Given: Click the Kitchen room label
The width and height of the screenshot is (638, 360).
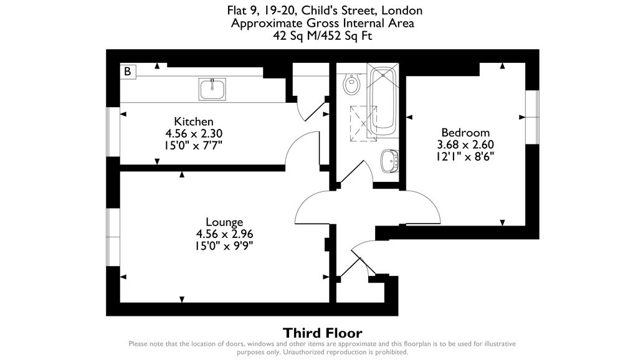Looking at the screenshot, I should point(193,121).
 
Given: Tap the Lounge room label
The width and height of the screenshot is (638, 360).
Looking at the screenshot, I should point(224,222).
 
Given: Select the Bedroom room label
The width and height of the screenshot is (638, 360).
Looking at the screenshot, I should point(465,133).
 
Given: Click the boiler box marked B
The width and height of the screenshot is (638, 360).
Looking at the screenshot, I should point(128,72).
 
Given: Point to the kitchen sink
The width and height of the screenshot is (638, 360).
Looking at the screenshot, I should point(212,89).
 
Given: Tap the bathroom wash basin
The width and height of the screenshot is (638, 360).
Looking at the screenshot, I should point(389,161).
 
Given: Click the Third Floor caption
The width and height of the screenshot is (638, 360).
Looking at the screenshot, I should point(322,333).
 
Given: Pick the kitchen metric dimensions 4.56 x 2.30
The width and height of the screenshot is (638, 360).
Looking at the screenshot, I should point(193,133).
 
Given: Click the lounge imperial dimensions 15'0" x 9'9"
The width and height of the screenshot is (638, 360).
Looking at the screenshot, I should point(224,245).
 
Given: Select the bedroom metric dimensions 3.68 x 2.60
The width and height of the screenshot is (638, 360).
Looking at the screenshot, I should point(465,144).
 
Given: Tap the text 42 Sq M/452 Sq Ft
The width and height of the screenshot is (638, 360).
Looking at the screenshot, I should point(322,36).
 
